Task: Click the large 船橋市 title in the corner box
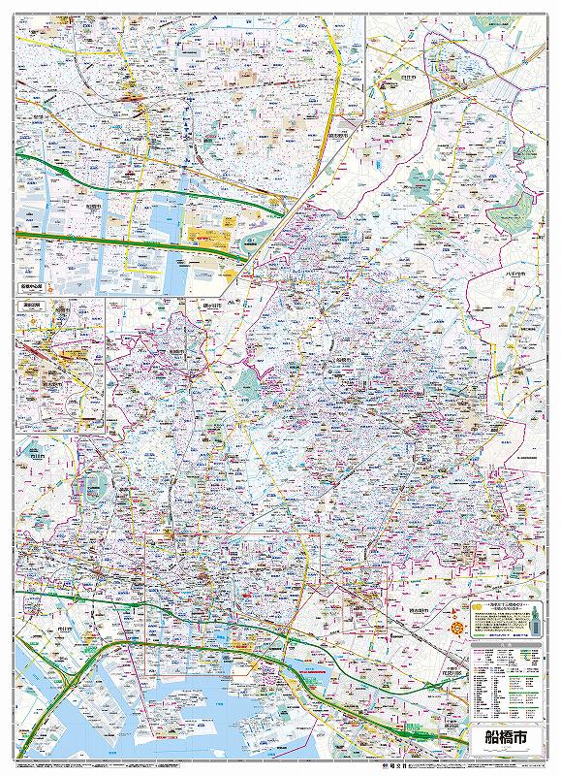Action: tap(501, 735)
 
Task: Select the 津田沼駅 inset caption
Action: tap(33, 305)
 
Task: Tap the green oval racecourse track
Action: tap(94, 482)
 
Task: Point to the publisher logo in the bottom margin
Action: tap(281, 766)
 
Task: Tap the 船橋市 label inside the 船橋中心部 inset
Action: tap(93, 207)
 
